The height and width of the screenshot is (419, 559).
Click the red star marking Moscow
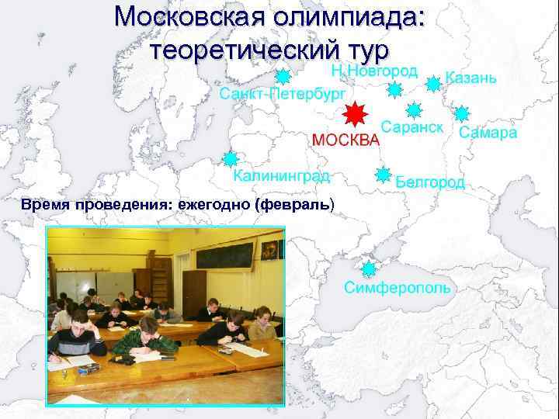[354, 115]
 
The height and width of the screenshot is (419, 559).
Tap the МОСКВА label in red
[345, 140]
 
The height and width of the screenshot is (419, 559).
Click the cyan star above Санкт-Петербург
[283, 77]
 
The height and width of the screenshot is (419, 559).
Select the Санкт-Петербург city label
[283, 95]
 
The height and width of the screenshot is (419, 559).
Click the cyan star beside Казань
[434, 81]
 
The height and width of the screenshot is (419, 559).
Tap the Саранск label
[411, 126]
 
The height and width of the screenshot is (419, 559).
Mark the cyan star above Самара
[463, 113]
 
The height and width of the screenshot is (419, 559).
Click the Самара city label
[488, 133]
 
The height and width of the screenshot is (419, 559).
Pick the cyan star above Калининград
[231, 159]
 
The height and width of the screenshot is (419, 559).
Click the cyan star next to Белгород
[383, 175]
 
